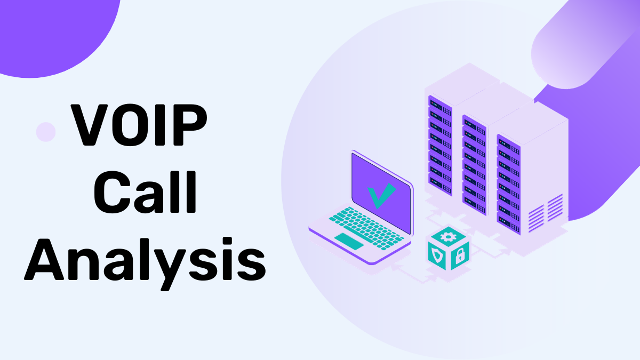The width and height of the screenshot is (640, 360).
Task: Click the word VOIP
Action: click(140, 126)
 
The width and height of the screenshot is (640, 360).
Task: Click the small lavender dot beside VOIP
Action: click(46, 132)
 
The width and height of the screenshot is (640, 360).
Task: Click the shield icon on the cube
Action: click(437, 256)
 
